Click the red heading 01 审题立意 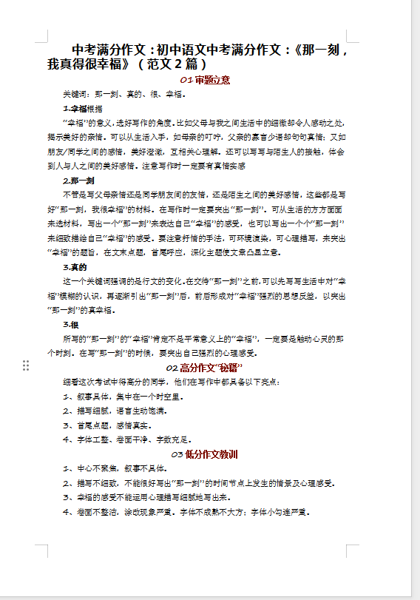pyautogui.click(x=205, y=80)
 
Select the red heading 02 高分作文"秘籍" pyautogui.click(x=204, y=368)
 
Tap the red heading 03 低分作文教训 pyautogui.click(x=204, y=454)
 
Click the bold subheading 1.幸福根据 pyautogui.click(x=82, y=109)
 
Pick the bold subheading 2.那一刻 pyautogui.click(x=78, y=181)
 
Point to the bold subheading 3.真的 pyautogui.click(x=75, y=267)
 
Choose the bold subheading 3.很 pyautogui.click(x=72, y=324)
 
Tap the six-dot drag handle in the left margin pyautogui.click(x=26, y=365)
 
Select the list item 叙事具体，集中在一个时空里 pyautogui.click(x=121, y=397)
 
